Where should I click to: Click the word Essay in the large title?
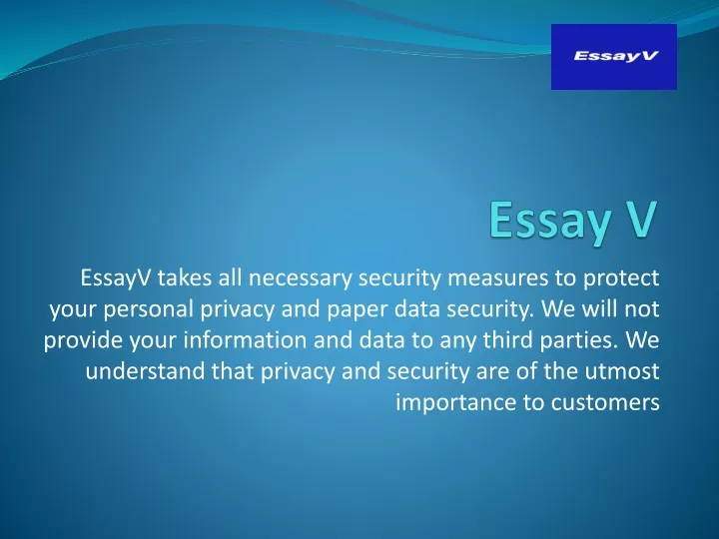[550, 220]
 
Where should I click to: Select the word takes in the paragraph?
[185, 277]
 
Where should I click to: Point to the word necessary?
[300, 278]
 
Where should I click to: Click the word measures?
[497, 278]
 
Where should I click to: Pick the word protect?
[621, 279]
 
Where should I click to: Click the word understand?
[145, 371]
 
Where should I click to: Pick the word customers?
[605, 403]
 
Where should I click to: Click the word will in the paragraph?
[598, 308]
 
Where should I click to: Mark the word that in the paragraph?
[233, 371]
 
